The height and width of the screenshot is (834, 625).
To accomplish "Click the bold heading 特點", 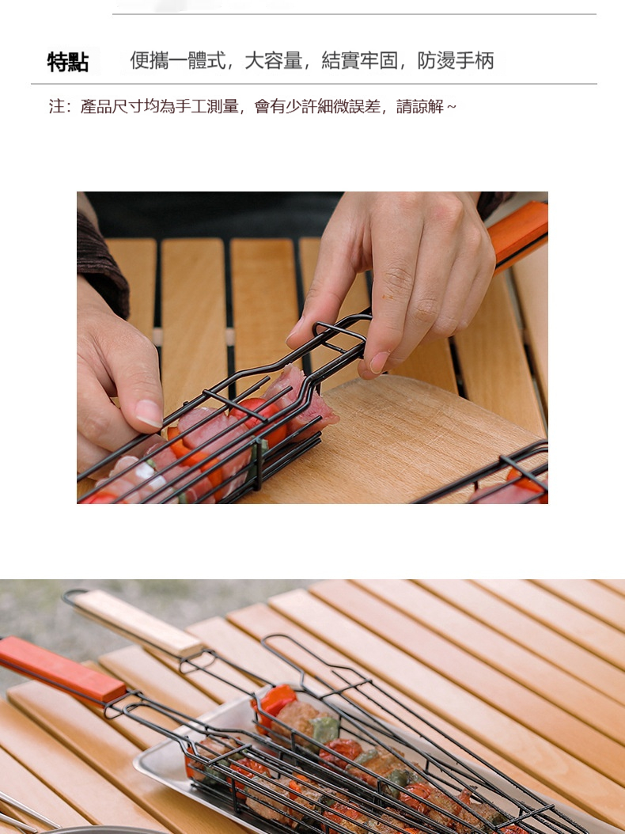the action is [x=67, y=62].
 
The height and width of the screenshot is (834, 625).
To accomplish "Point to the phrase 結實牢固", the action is [x=360, y=61].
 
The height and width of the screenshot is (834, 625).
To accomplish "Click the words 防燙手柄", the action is [x=456, y=61].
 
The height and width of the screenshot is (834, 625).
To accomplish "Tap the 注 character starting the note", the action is [x=56, y=106].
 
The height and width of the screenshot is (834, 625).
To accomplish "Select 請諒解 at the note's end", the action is [x=419, y=106].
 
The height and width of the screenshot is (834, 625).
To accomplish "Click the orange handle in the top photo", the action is [x=518, y=233].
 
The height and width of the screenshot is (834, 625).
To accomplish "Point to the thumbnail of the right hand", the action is [x=379, y=362].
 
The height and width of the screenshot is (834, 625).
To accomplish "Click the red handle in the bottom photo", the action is [x=61, y=668].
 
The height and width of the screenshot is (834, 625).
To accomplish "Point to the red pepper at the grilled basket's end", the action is [x=275, y=699].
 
